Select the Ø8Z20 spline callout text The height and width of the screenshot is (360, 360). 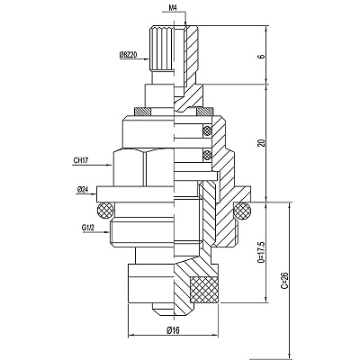pyautogui.click(x=128, y=55)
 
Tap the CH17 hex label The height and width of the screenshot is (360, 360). pyautogui.click(x=81, y=160)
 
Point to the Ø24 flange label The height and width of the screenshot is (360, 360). pyautogui.click(x=82, y=190)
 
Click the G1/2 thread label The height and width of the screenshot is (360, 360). pyautogui.click(x=88, y=228)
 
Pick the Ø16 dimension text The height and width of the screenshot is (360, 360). pyautogui.click(x=173, y=330)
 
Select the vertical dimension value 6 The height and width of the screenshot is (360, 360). pyautogui.click(x=262, y=56)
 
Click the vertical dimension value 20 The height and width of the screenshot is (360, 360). pyautogui.click(x=262, y=143)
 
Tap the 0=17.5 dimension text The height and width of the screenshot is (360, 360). pyautogui.click(x=262, y=252)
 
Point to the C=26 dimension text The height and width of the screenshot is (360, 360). pyautogui.click(x=284, y=280)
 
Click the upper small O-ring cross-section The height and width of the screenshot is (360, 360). pyautogui.click(x=207, y=130)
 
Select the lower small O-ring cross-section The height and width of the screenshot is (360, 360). pyautogui.click(x=207, y=155)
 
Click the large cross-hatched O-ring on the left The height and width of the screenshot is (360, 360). pyautogui.click(x=104, y=211)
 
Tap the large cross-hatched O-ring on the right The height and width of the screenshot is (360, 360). pyautogui.click(x=243, y=211)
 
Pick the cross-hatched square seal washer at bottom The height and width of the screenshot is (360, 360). pyautogui.click(x=204, y=289)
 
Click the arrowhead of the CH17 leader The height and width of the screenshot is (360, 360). pyautogui.click(x=110, y=165)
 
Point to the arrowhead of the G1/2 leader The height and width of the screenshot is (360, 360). pyautogui.click(x=106, y=232)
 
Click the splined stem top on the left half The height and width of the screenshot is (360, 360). pyautogui.click(x=161, y=49)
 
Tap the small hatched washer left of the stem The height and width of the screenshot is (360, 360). pyautogui.click(x=143, y=112)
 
